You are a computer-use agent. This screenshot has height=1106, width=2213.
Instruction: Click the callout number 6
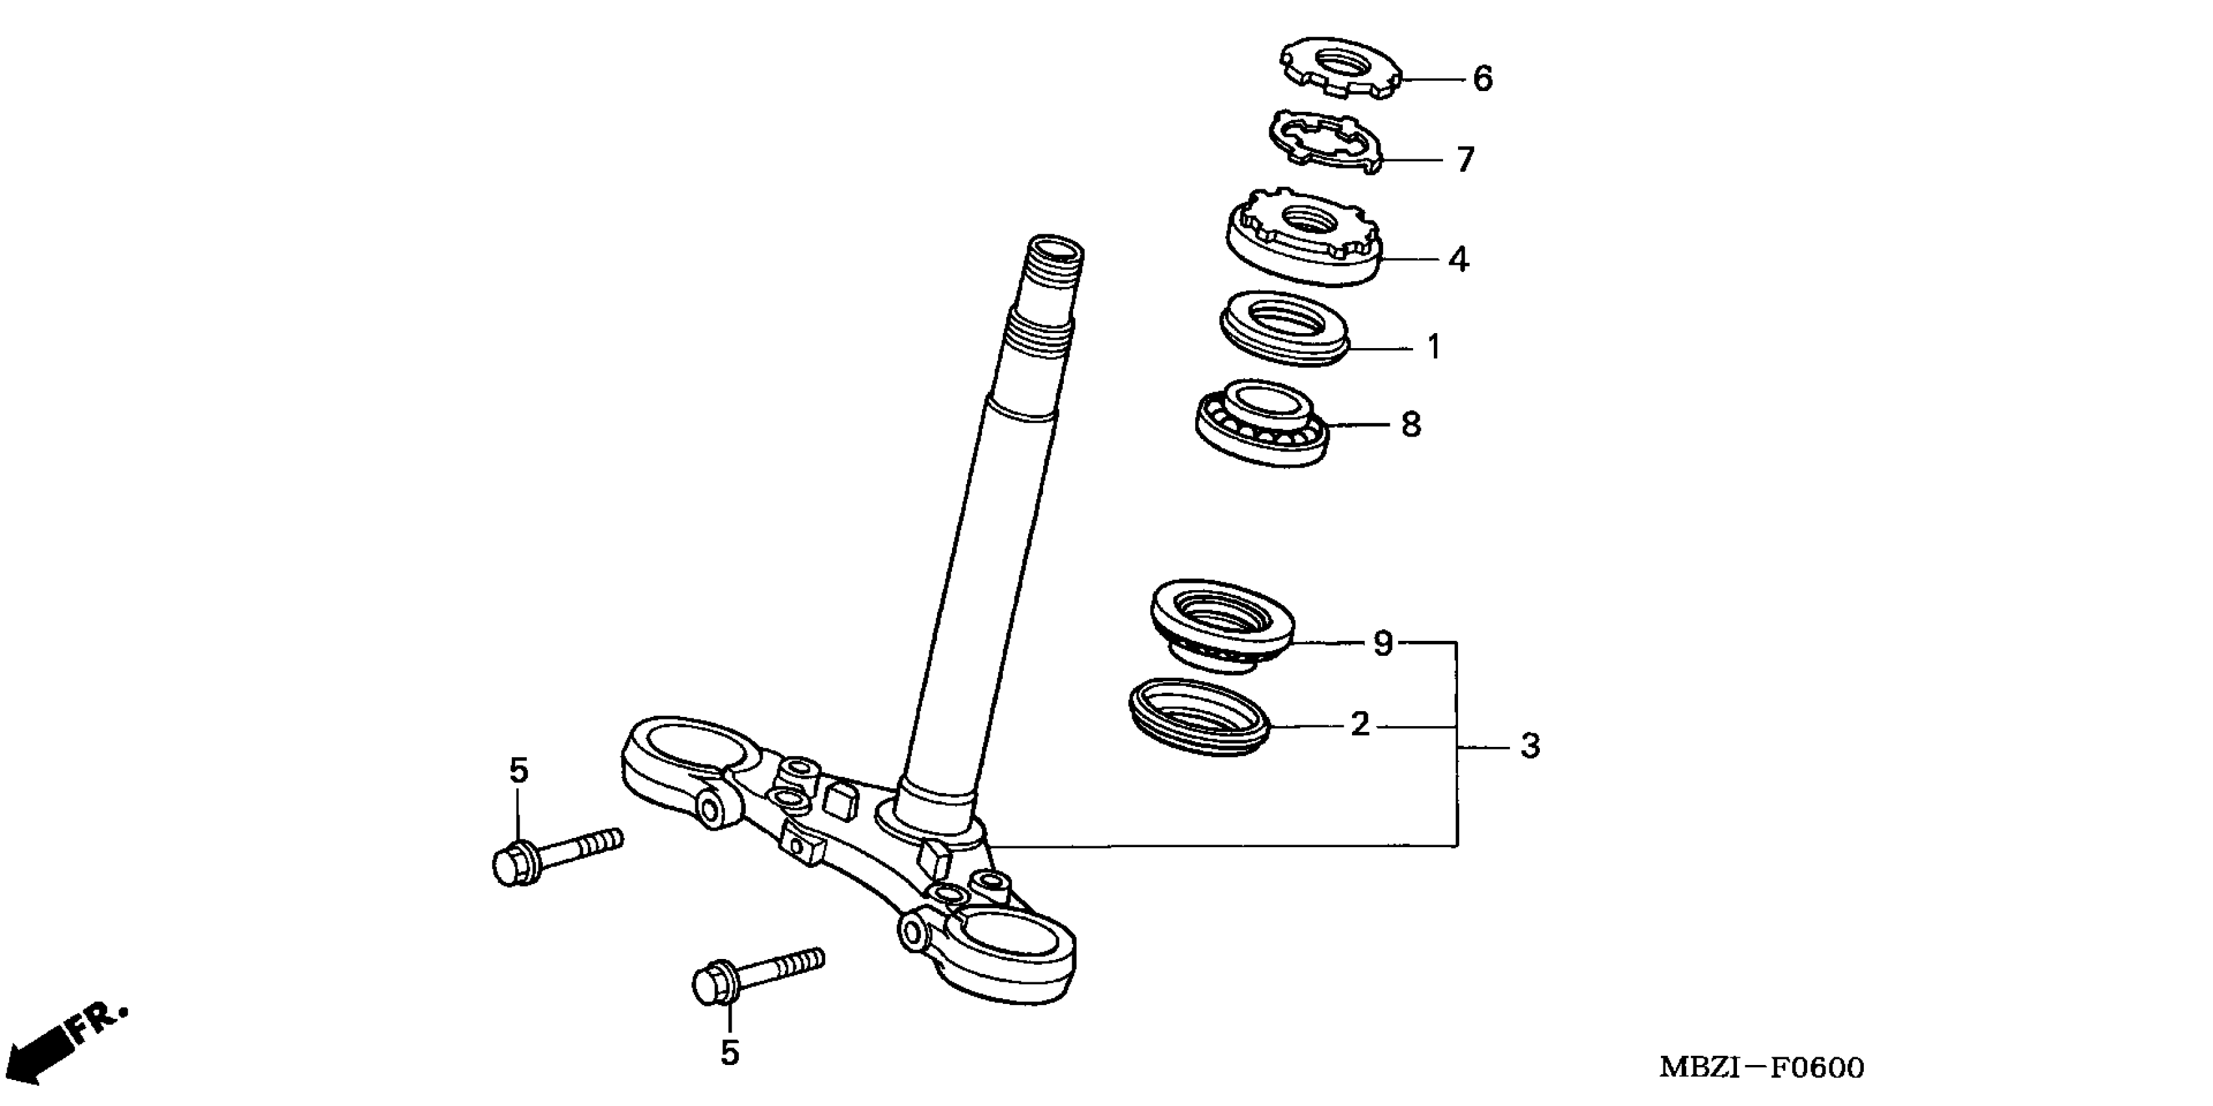coord(1483,79)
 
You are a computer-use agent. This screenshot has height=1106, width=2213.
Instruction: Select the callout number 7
coord(1464,160)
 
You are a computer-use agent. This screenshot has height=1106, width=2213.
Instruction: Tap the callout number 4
coord(1458,259)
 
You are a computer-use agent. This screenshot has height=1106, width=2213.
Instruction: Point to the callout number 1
coord(1433,347)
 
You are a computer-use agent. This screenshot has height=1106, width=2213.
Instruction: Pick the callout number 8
coord(1411,425)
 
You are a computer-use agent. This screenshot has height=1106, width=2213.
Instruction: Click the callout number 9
coord(1383,643)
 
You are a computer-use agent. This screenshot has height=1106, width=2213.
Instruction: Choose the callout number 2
coord(1359,725)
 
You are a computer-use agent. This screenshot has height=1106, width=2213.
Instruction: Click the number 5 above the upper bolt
coord(518,771)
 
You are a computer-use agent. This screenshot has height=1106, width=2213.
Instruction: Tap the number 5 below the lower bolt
coord(730,1053)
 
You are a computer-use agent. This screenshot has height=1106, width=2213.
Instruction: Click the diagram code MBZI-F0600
coord(1760,1068)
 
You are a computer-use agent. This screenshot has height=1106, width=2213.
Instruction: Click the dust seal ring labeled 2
coord(1199,717)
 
